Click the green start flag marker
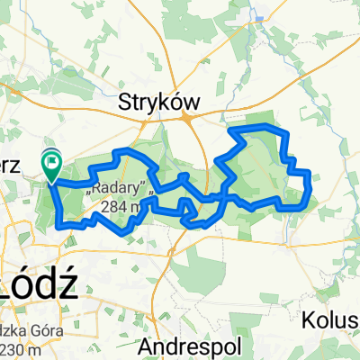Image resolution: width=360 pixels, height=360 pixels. point(51,163)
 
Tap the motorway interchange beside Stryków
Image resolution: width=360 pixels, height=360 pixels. point(188,115)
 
